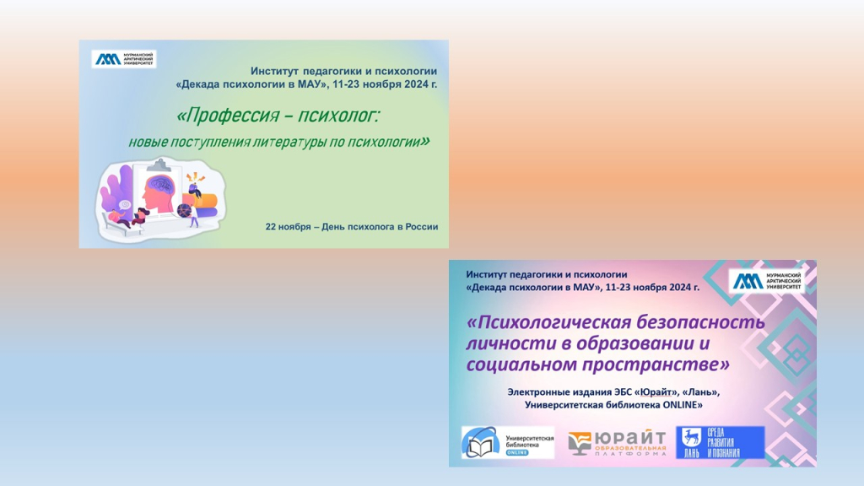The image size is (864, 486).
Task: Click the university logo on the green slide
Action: [124, 59]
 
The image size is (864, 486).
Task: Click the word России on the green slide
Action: [422, 226]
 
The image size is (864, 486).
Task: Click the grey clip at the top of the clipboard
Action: [160, 165]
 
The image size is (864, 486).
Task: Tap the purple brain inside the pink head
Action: [163, 183]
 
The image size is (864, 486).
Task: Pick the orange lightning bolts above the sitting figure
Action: [195, 177]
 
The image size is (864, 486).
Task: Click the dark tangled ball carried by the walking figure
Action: [183, 211]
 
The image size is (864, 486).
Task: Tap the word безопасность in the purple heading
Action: [701, 321]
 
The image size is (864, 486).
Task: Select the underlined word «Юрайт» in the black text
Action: [656, 392]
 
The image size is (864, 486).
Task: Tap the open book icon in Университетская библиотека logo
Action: [480, 445]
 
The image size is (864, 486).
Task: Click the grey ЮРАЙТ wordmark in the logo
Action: [631, 438]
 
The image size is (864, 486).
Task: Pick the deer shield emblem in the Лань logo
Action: [691, 438]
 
